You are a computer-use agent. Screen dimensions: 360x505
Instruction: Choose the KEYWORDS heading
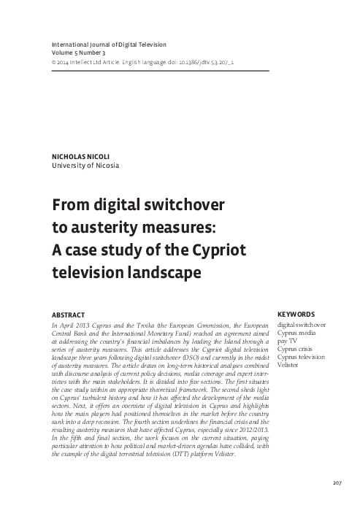click(x=296, y=315)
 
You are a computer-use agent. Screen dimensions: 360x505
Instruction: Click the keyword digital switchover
click(x=301, y=324)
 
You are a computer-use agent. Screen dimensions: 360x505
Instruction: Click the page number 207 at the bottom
click(x=337, y=482)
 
